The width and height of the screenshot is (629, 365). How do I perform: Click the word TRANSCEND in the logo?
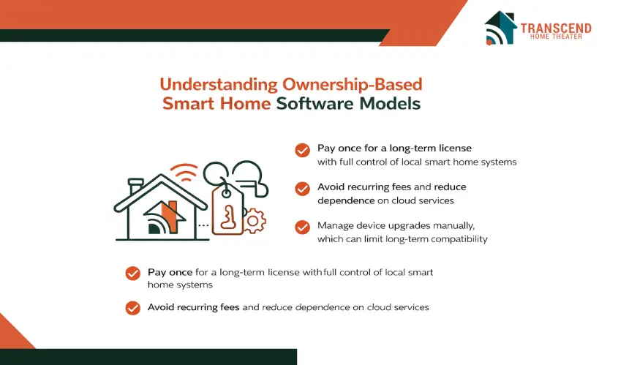(556, 28)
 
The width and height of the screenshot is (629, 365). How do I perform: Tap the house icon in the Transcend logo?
(500, 28)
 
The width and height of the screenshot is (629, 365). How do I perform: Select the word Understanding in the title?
(219, 85)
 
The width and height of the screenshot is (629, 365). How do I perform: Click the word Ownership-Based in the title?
(353, 85)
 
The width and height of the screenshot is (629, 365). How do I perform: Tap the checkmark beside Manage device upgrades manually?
(303, 227)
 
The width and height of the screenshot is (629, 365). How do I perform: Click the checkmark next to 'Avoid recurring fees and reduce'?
(303, 189)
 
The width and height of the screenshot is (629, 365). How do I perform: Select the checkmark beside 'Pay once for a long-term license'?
(303, 151)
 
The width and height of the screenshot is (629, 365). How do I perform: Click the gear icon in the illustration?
(253, 221)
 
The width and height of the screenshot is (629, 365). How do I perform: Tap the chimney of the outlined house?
(136, 187)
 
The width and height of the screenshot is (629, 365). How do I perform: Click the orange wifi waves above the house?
(184, 172)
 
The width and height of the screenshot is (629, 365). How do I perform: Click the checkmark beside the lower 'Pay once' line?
(133, 274)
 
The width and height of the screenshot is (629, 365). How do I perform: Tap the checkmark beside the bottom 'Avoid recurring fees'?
(133, 308)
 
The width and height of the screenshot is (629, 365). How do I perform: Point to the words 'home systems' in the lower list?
(180, 285)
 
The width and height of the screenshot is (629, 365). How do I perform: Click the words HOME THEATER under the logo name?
(556, 37)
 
